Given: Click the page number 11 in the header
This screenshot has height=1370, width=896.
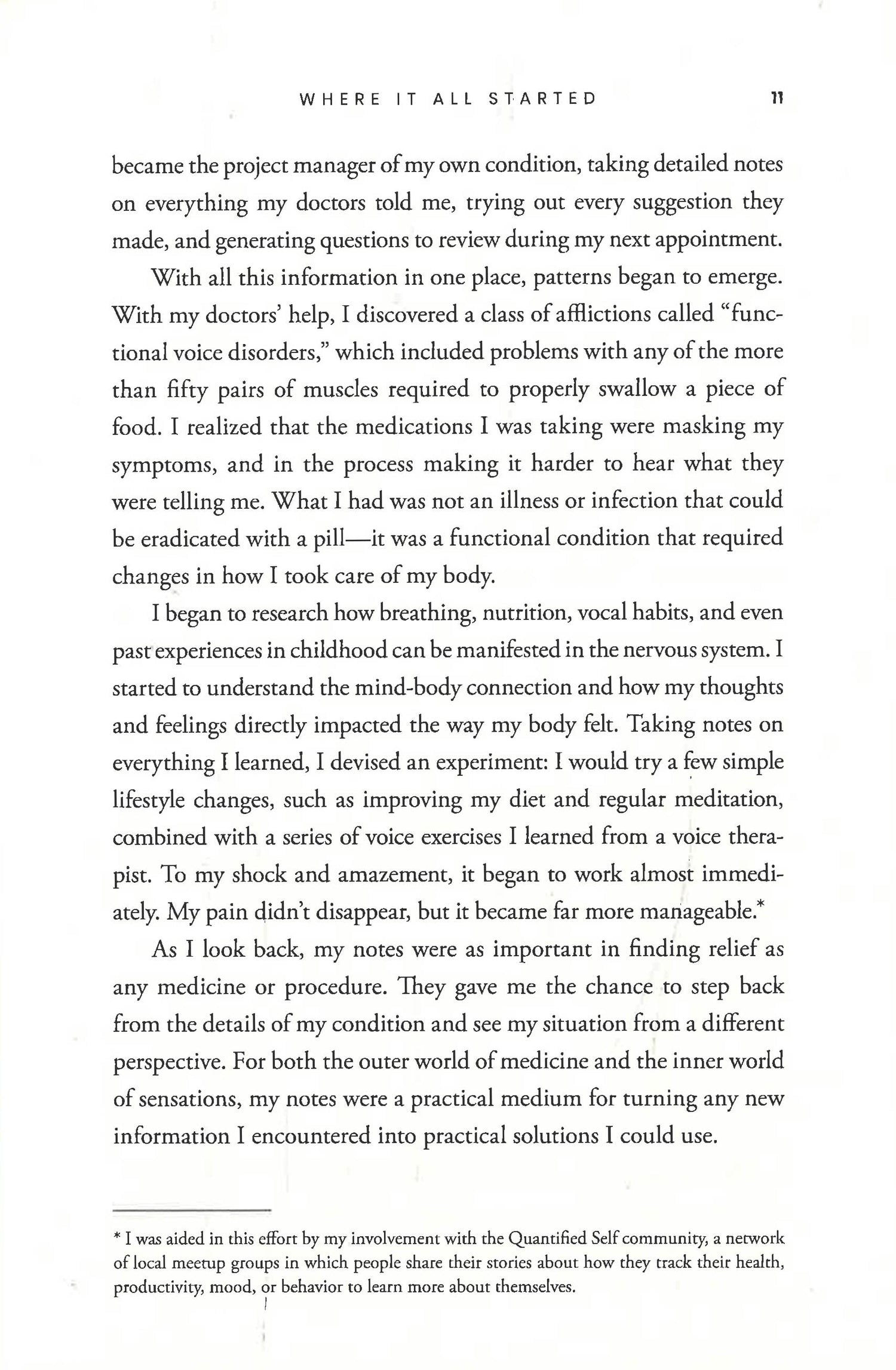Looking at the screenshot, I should tap(777, 99).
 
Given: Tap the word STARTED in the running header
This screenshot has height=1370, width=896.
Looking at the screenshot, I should tap(542, 99).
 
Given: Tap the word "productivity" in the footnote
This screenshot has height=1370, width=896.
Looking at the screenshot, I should tap(154, 1288).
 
